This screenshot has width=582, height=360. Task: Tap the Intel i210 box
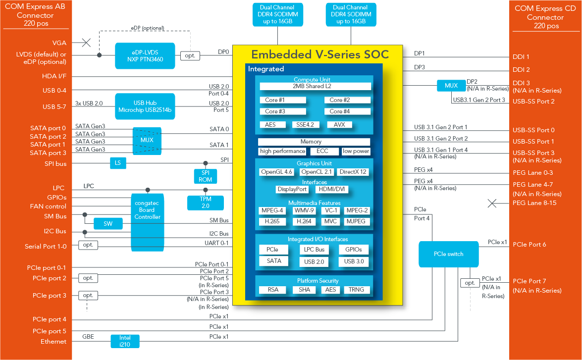(x=125, y=341)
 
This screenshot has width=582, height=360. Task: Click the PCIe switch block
(x=449, y=254)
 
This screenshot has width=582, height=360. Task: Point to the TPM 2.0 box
(x=206, y=202)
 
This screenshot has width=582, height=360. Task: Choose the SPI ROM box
(x=206, y=176)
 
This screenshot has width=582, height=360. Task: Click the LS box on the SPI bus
(x=117, y=163)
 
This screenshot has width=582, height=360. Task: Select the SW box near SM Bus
(x=108, y=224)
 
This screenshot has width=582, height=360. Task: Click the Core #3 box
(x=282, y=111)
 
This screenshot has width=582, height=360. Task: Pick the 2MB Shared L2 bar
(x=315, y=87)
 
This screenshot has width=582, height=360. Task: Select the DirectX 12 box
(x=354, y=172)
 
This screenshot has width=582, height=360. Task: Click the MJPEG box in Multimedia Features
(x=356, y=221)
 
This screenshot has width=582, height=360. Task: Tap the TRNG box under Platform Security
(x=356, y=290)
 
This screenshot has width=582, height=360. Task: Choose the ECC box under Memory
(x=324, y=151)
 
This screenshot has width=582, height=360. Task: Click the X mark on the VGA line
(x=86, y=43)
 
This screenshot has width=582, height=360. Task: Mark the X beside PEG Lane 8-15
(x=492, y=203)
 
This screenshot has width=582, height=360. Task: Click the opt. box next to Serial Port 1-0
(x=88, y=245)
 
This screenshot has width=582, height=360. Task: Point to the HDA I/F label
(x=54, y=76)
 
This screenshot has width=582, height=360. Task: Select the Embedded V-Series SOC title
(x=319, y=54)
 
